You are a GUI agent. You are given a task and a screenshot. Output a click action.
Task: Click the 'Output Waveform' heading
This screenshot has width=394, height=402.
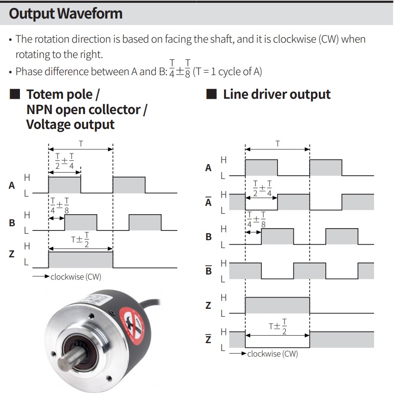click(x=66, y=14)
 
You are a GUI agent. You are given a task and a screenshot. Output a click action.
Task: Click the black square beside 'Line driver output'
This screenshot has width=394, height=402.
click(x=212, y=94)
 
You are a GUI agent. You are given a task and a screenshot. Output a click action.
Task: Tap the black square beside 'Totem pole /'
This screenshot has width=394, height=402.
click(x=15, y=94)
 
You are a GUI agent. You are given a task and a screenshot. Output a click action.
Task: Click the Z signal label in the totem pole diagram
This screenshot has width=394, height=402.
click(x=12, y=254)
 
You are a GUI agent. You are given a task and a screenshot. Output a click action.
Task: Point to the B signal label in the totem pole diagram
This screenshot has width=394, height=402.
click(x=12, y=223)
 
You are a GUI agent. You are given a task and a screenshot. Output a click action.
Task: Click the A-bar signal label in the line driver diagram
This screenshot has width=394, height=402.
click(x=208, y=201)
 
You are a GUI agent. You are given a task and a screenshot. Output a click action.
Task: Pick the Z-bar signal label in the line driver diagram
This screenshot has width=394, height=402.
click(x=208, y=338)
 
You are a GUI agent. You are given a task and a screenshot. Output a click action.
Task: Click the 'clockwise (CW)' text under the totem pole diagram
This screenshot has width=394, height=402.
click(x=76, y=277)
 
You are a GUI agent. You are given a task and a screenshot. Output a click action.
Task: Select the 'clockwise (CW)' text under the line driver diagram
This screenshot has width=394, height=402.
click(x=272, y=354)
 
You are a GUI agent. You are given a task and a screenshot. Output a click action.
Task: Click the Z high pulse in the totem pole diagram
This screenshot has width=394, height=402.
click(x=81, y=260)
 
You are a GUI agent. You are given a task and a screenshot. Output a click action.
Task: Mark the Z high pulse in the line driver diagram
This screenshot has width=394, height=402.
click(x=278, y=306)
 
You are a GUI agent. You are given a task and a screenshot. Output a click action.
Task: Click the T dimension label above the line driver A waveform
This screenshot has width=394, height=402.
click(x=278, y=144)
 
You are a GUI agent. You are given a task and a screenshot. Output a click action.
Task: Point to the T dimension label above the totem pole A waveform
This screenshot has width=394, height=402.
click(x=81, y=144)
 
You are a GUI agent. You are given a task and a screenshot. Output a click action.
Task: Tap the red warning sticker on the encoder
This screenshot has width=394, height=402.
click(x=132, y=325)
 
